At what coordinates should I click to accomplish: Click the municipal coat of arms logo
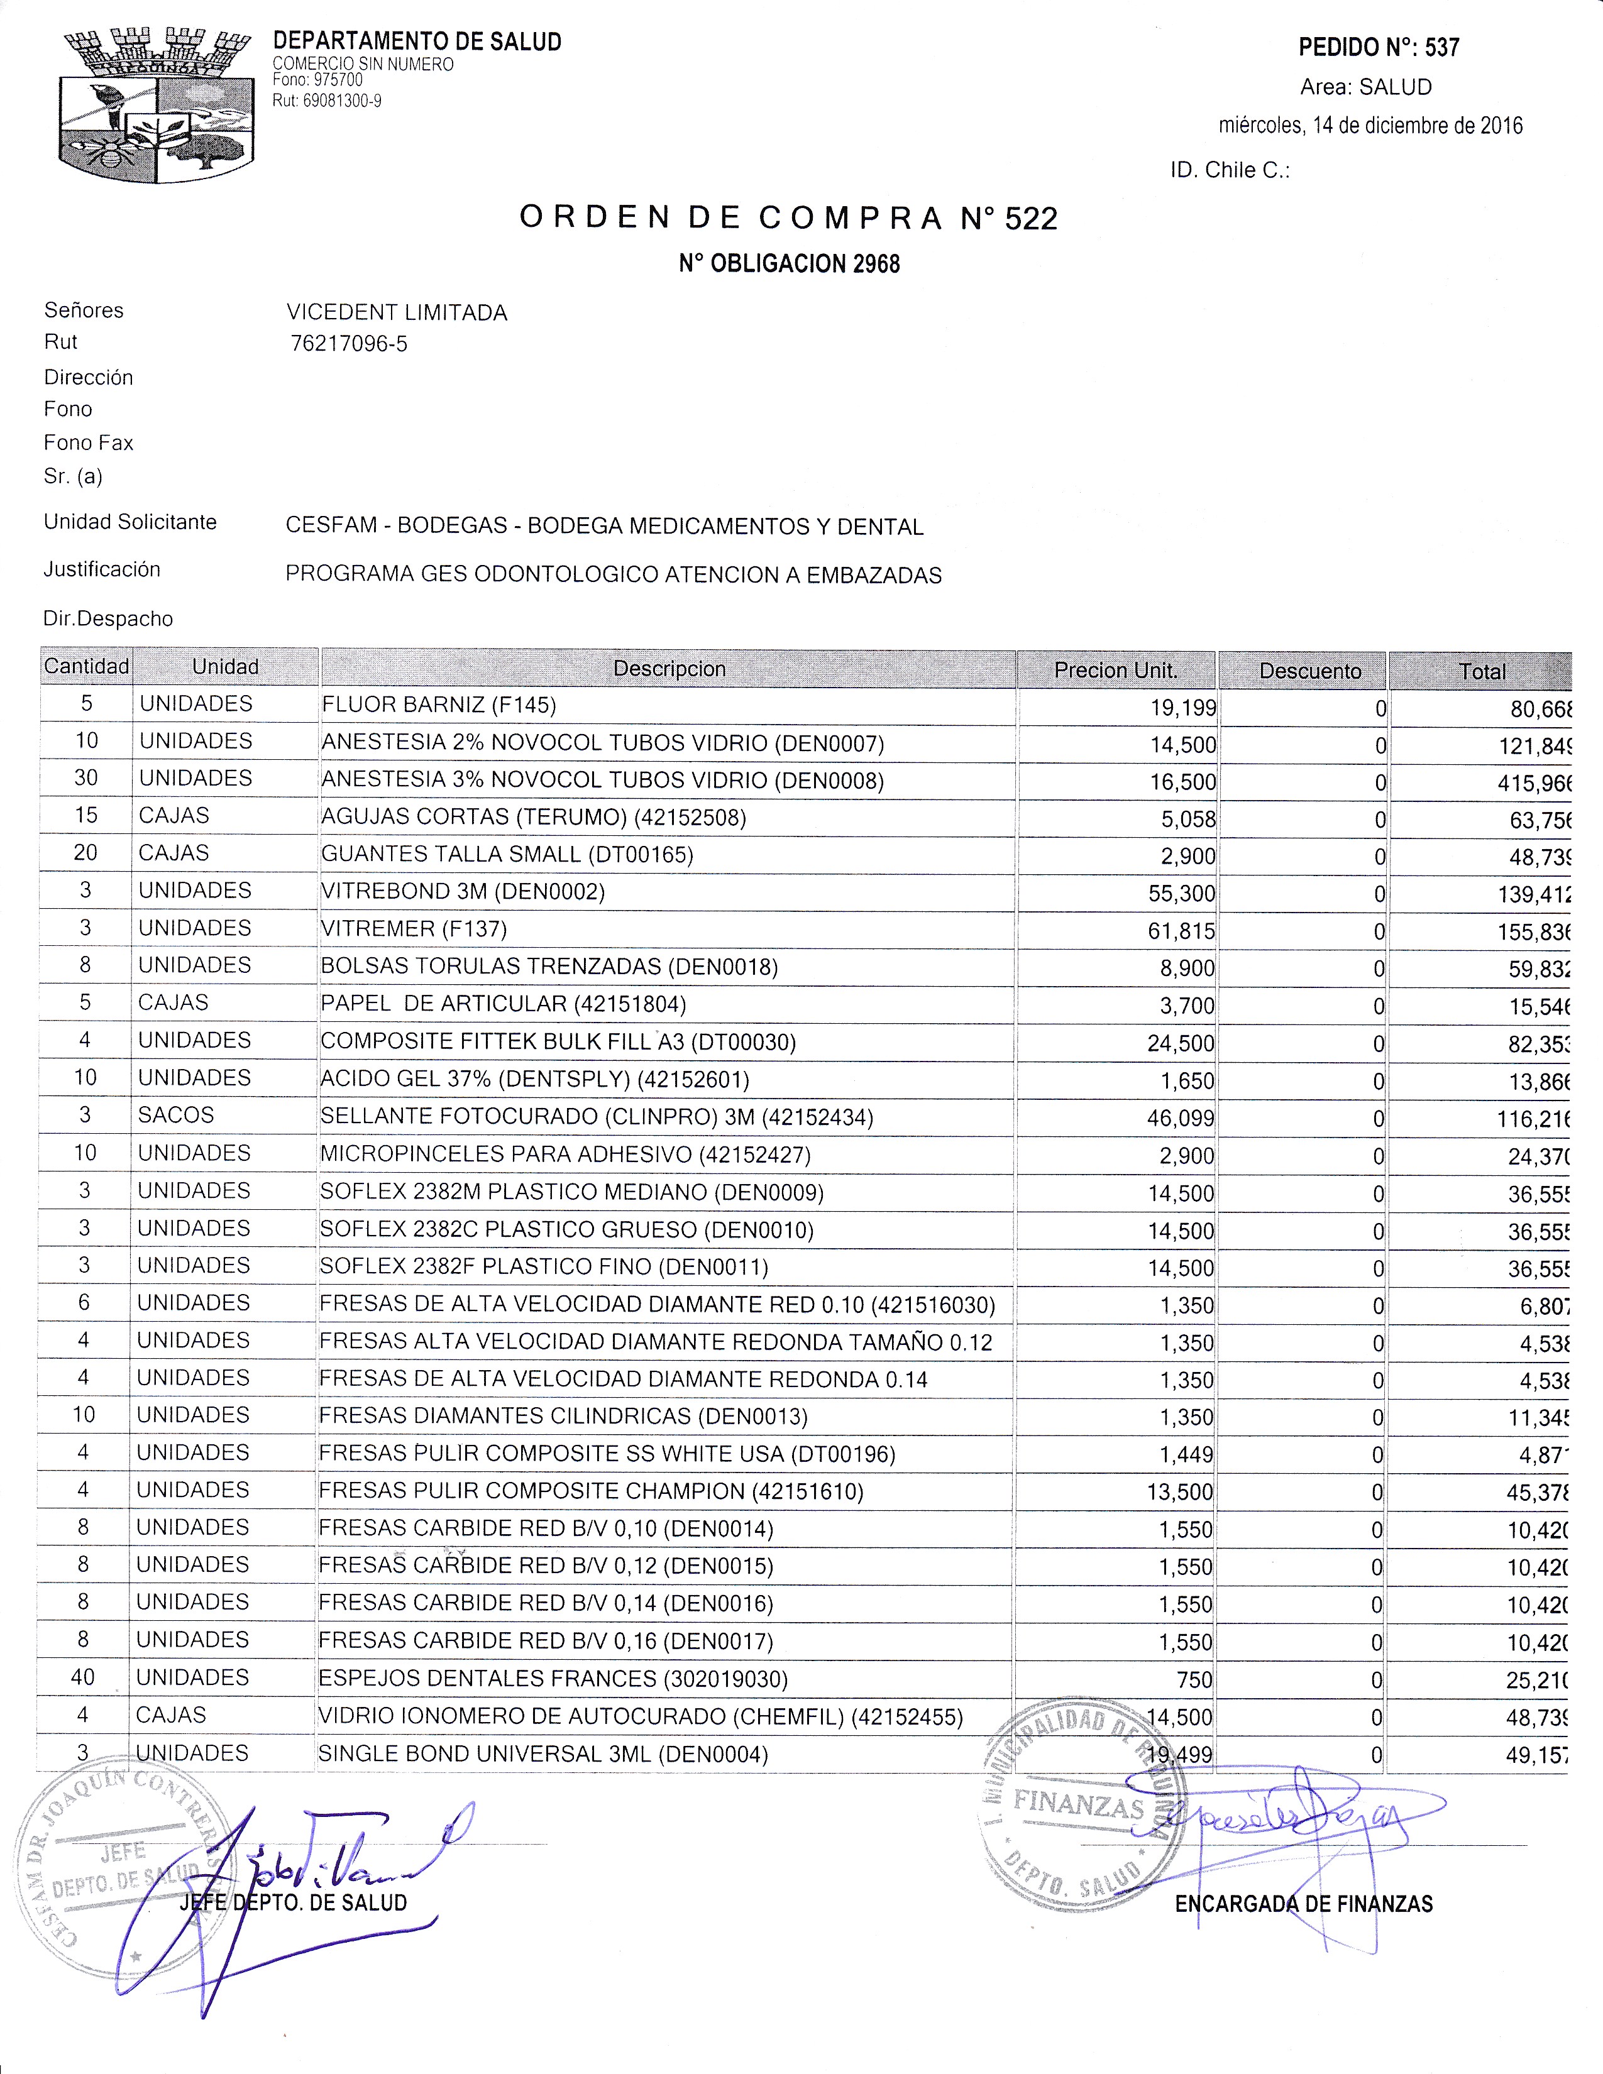(x=157, y=106)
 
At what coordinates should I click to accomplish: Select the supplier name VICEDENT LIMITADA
(x=397, y=312)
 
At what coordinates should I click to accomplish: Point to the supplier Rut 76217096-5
(x=348, y=344)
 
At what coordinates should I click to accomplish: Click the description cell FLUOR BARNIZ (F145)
(x=439, y=705)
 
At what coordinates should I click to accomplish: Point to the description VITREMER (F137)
(x=414, y=929)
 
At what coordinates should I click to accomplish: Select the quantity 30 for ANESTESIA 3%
(x=85, y=778)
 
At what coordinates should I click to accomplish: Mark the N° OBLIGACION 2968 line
(x=788, y=264)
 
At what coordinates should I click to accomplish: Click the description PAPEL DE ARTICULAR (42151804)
(x=504, y=1004)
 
